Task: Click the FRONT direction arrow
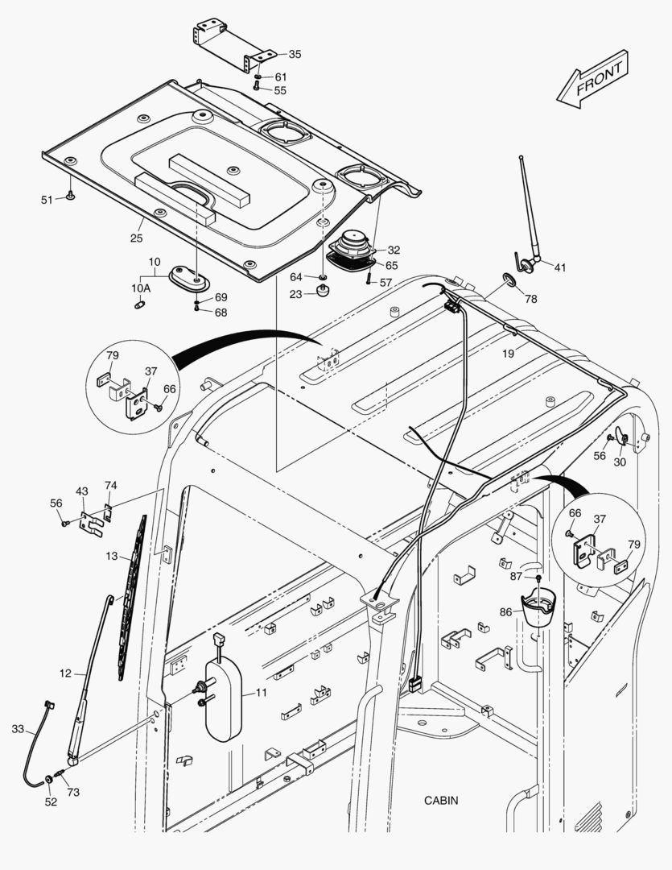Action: click(x=592, y=78)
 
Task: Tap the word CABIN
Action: click(x=441, y=801)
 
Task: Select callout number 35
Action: click(x=295, y=54)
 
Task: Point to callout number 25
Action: click(x=137, y=238)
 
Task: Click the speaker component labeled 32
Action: click(x=352, y=245)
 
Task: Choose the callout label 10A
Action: click(x=141, y=288)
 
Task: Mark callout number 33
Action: click(x=18, y=729)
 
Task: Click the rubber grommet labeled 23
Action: click(x=322, y=294)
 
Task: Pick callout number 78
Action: click(x=531, y=299)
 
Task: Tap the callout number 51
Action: click(x=47, y=199)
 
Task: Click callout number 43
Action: click(x=82, y=491)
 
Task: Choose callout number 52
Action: click(x=51, y=802)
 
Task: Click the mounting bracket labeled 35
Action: click(x=229, y=42)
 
